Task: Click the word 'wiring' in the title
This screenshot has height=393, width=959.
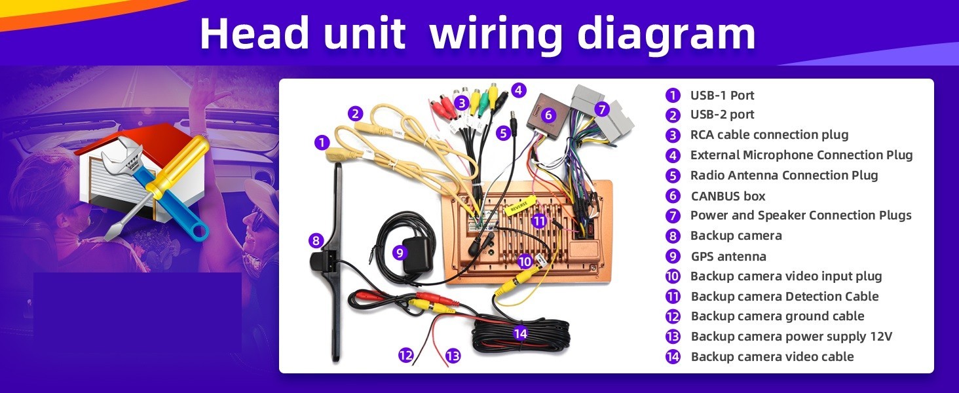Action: click(495, 35)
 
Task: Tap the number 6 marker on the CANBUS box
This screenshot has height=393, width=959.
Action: click(548, 115)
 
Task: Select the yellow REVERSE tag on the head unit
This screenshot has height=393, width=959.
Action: click(520, 205)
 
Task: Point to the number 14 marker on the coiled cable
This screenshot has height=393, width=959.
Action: click(520, 333)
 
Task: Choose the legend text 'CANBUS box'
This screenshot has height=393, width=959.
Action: click(728, 196)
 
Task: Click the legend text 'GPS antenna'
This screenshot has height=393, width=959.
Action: click(728, 257)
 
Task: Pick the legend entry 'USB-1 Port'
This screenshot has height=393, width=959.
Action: click(723, 95)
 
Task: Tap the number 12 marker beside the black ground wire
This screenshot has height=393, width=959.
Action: click(406, 355)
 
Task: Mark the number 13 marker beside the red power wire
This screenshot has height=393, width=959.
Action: click(453, 356)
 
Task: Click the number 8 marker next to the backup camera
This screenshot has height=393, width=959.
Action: click(316, 240)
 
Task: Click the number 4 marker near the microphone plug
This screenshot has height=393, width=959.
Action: click(518, 90)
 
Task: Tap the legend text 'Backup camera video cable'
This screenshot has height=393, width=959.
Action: click(772, 356)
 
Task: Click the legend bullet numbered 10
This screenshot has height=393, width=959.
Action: click(673, 276)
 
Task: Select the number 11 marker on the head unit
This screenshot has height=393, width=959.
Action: click(539, 221)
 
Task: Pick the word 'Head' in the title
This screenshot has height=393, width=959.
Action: click(254, 35)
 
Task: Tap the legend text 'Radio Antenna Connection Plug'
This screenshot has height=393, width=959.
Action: click(784, 176)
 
